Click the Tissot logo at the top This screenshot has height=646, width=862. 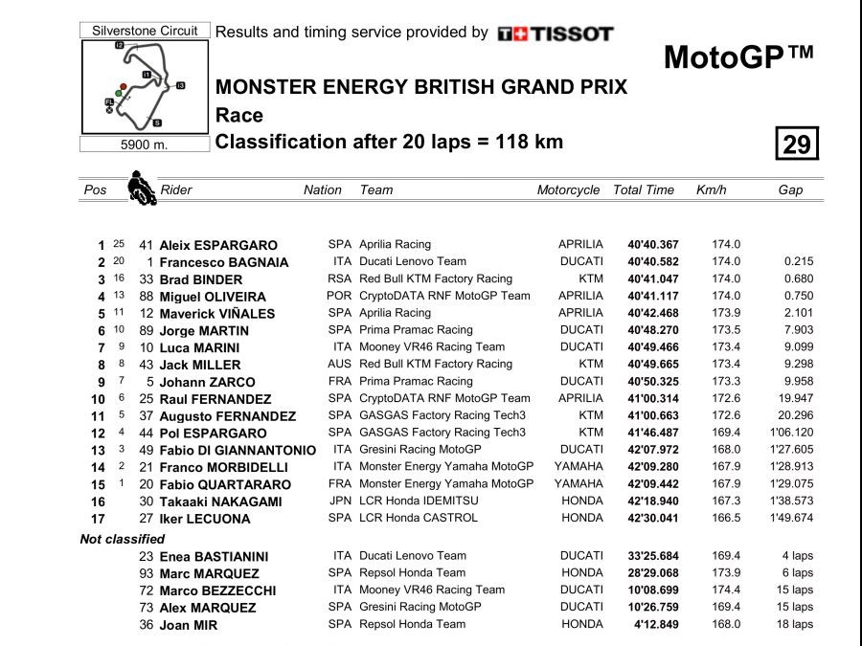[x=556, y=33]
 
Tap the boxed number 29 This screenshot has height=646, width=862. [x=797, y=144]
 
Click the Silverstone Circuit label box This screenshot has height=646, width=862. [x=145, y=31]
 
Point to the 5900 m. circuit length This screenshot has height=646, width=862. [x=144, y=145]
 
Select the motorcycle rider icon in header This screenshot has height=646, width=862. [x=143, y=188]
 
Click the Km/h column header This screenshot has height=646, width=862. [x=712, y=189]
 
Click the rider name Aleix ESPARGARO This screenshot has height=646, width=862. [x=218, y=245]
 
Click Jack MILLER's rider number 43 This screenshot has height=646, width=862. [x=147, y=365]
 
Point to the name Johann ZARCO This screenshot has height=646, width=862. [x=207, y=382]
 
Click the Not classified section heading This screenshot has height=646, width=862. [x=122, y=539]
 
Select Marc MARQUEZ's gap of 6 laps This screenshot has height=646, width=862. [x=797, y=573]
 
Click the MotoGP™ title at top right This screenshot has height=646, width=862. [x=737, y=57]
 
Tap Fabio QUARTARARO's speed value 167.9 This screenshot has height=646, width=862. [x=726, y=484]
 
